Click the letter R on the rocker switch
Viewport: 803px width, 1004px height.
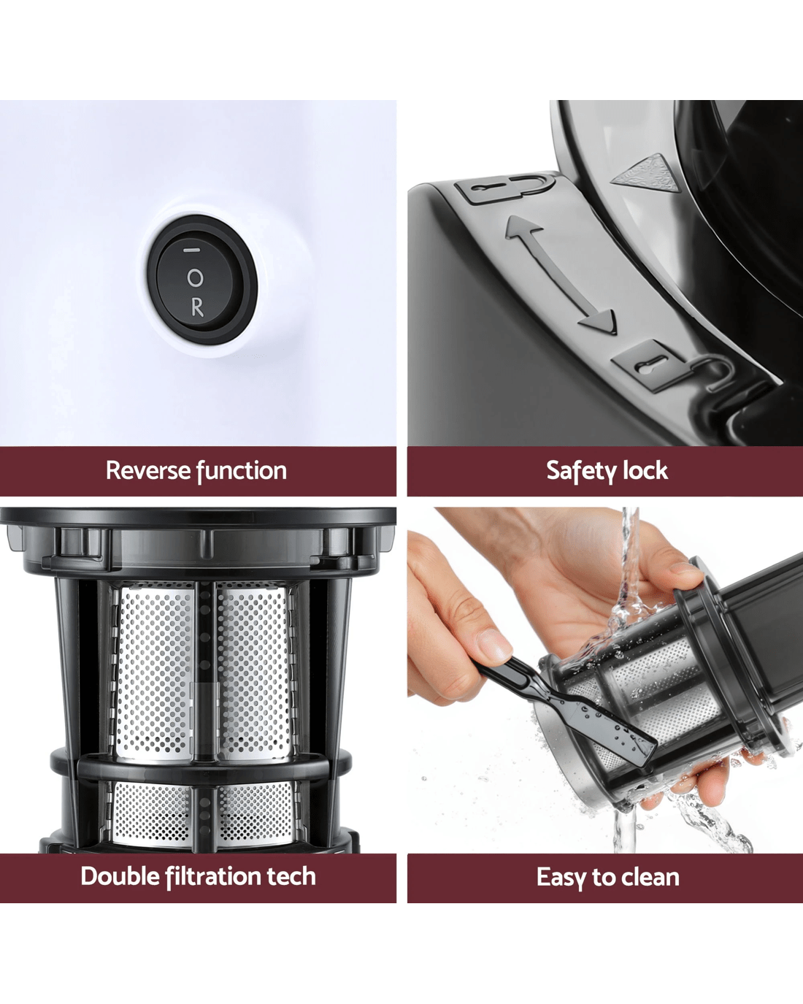(197, 307)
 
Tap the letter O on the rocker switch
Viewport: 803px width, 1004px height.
(195, 278)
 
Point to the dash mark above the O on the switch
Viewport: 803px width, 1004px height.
(192, 250)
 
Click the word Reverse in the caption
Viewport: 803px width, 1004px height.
(147, 470)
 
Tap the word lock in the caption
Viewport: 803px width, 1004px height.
(646, 470)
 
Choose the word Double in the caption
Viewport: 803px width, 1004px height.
(121, 876)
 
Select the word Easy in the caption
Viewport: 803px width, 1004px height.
(561, 878)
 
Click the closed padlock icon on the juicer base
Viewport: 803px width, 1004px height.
(669, 367)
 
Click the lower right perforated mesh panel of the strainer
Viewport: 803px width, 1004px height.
(256, 813)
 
